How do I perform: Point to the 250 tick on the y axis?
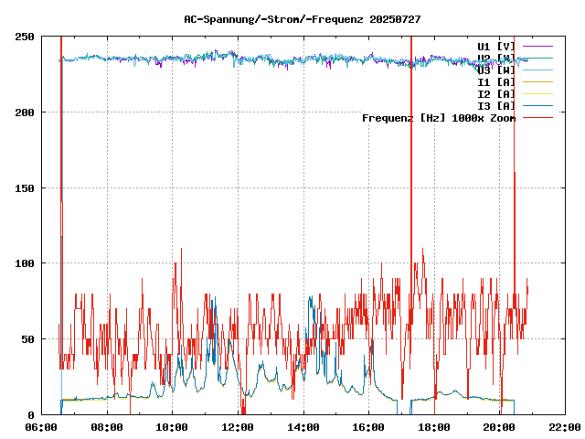[26, 37]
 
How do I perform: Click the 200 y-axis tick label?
[26, 112]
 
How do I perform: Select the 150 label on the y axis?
[26, 187]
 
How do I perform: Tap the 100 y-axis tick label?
[26, 263]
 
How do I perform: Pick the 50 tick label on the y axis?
[28, 338]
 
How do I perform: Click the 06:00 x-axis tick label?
[42, 427]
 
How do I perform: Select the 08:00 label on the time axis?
[107, 427]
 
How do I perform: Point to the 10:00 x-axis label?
[172, 427]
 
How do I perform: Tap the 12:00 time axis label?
[238, 427]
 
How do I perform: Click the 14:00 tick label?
[303, 427]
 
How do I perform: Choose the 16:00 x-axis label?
[367, 427]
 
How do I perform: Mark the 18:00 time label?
[433, 427]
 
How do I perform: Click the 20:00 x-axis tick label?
[498, 427]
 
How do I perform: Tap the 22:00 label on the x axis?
[563, 427]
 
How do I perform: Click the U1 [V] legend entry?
[496, 46]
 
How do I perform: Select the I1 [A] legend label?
[496, 81]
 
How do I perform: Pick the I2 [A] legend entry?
[496, 93]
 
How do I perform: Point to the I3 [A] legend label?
[496, 105]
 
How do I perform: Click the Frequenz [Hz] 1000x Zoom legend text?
[439, 117]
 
